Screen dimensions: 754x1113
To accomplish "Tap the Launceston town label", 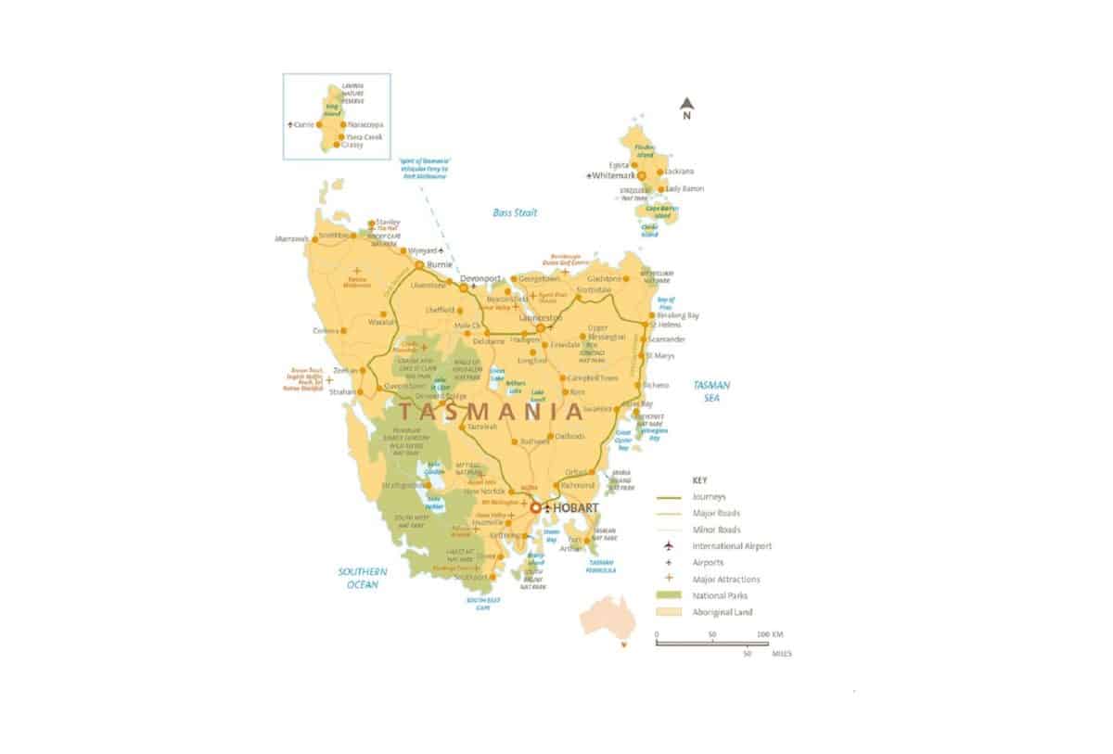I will pos(542,318).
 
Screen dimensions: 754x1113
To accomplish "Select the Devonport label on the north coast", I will pos(480,278).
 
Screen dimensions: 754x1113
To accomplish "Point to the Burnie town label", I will pos(440,264).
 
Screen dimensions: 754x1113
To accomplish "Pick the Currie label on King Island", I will pos(303,124).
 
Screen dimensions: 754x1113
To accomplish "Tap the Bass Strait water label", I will pos(515,212).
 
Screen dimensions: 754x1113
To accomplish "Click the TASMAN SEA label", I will pos(712,390).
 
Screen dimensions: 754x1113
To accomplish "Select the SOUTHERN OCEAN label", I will pos(362,578).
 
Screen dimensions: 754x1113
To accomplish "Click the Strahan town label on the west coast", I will pos(342,392).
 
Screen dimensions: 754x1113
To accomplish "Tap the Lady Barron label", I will pos(684,188).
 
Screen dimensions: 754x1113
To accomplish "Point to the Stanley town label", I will pos(388,222).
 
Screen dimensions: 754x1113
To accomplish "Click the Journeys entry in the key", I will pos(710,496).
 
